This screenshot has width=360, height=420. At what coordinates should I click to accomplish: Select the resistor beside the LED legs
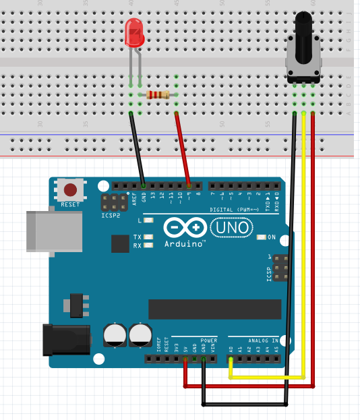[x=158, y=95]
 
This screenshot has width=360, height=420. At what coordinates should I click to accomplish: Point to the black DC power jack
[x=66, y=339]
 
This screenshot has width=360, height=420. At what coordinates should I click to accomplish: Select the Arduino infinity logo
[x=185, y=227]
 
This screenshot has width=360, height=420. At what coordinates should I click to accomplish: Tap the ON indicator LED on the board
[x=262, y=237]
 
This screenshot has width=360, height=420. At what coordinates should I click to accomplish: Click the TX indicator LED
[x=148, y=237]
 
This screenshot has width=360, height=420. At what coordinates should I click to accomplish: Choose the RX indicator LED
[x=148, y=245]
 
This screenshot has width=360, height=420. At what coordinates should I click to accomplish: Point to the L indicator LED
[x=148, y=220]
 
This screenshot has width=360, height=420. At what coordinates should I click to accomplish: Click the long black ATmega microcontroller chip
[x=214, y=309]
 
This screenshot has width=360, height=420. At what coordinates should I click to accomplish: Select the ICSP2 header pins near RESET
[x=114, y=202]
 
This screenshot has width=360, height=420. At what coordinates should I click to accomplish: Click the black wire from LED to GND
[x=137, y=148]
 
